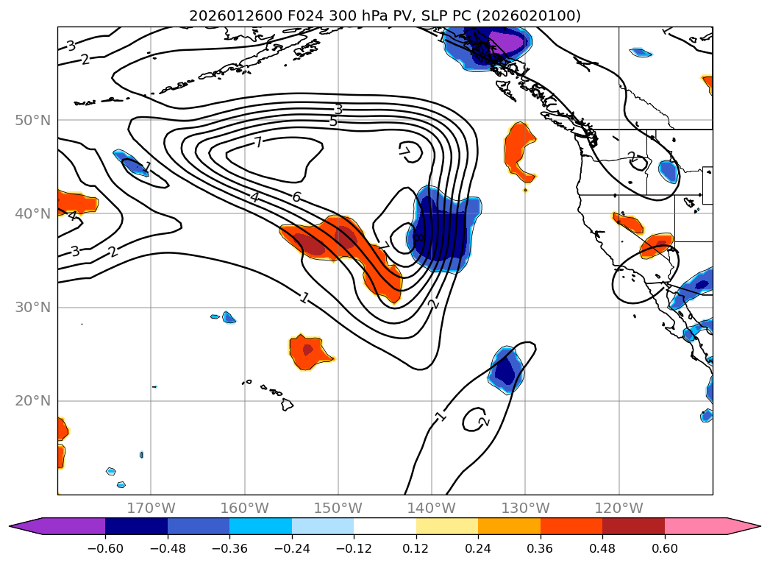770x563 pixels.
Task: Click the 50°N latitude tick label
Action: [33, 120]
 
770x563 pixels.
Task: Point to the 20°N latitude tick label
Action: [33, 401]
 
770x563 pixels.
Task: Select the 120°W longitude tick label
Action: [619, 508]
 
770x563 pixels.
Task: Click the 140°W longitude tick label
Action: [432, 508]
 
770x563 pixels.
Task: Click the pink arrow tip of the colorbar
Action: [750, 525]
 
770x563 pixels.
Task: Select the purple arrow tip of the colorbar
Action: [21, 525]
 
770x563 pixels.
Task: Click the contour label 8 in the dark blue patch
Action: [418, 238]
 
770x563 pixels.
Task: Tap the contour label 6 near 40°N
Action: [296, 197]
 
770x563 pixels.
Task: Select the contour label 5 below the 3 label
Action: [333, 121]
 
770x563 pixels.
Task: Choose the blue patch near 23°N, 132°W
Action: [506, 369]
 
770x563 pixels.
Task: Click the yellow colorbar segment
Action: [446, 525]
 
